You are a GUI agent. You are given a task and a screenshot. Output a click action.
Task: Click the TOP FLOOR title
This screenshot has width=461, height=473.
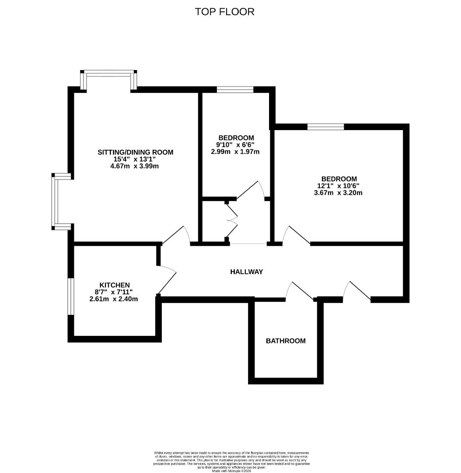(224, 12)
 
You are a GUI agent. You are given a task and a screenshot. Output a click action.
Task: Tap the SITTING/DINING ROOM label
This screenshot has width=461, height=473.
(135, 152)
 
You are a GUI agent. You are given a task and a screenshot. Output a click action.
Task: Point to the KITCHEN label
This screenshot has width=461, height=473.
(114, 285)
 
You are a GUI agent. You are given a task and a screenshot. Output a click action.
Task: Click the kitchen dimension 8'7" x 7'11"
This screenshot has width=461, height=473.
(113, 292)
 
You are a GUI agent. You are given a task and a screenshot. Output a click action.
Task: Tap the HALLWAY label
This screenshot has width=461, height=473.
(247, 272)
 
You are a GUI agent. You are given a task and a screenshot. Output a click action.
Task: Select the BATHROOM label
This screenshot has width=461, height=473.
(286, 341)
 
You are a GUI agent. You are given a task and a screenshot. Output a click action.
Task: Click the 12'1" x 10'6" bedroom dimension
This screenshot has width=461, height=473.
(339, 186)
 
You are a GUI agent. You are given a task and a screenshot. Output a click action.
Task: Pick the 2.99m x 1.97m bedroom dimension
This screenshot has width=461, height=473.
(235, 152)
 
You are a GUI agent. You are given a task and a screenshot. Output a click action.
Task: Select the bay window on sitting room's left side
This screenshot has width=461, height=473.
(56, 201)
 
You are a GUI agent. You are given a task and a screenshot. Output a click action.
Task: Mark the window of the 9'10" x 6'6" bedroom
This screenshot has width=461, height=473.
(235, 90)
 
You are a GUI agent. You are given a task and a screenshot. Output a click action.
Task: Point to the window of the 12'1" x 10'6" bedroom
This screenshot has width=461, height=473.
(325, 127)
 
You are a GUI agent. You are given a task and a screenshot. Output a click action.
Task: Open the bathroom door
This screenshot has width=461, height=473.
(300, 292)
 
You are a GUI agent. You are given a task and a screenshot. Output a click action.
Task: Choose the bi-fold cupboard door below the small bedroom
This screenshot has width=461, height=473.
(232, 221)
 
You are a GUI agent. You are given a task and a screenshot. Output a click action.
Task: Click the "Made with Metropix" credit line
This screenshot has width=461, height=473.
(231, 471)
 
